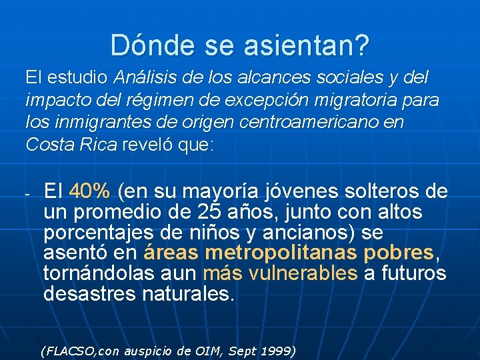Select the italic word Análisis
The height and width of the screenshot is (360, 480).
point(145,77)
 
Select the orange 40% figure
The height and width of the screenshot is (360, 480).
point(90,192)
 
